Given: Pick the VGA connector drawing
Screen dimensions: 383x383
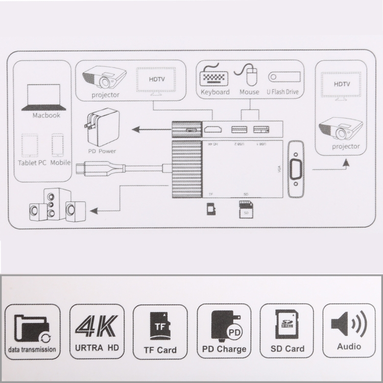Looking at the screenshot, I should [x=295, y=171].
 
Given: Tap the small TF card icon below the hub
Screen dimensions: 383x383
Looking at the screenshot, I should [x=210, y=209].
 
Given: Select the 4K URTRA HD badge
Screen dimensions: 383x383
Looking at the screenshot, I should [x=97, y=331].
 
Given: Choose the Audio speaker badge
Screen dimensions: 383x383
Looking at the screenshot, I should [x=349, y=331].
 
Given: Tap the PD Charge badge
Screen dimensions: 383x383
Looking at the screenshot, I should [x=224, y=331].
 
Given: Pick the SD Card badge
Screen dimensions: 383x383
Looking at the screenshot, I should [x=286, y=331].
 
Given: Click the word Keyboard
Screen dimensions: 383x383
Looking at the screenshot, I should [x=215, y=92].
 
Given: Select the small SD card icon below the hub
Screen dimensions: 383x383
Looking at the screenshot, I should [x=246, y=209].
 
